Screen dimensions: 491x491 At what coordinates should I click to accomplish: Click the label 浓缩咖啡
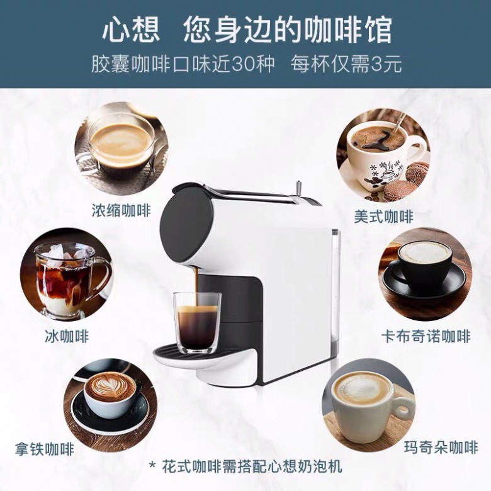121,210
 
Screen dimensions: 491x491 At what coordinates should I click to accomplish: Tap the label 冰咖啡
67,336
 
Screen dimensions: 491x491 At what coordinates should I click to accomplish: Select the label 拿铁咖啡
45,449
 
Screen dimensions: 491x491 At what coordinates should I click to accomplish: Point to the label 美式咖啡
384,217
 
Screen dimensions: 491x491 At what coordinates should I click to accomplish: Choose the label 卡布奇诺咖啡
426,336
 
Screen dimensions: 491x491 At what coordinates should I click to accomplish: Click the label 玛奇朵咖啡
441,447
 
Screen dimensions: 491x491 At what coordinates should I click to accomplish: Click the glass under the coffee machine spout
197,322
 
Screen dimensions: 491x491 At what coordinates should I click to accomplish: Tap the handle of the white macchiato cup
404,407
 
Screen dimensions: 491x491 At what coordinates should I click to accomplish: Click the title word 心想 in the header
131,30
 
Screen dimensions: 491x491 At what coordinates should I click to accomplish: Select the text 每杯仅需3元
346,64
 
